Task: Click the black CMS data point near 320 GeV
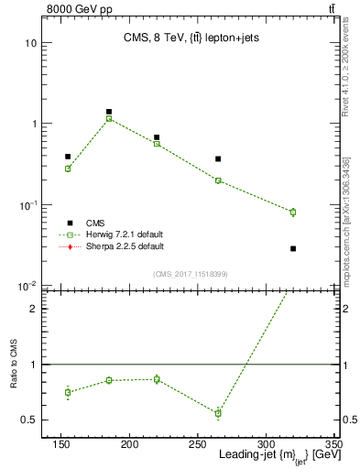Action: point(293,248)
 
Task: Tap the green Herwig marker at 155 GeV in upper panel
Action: point(68,169)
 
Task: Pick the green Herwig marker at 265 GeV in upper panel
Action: point(218,180)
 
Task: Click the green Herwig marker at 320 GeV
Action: point(293,212)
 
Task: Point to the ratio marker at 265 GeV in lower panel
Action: point(218,413)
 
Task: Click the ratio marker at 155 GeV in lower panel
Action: point(68,392)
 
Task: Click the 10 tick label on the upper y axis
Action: point(31,43)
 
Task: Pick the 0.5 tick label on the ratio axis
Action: point(28,420)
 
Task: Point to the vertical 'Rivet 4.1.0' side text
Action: point(350,82)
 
